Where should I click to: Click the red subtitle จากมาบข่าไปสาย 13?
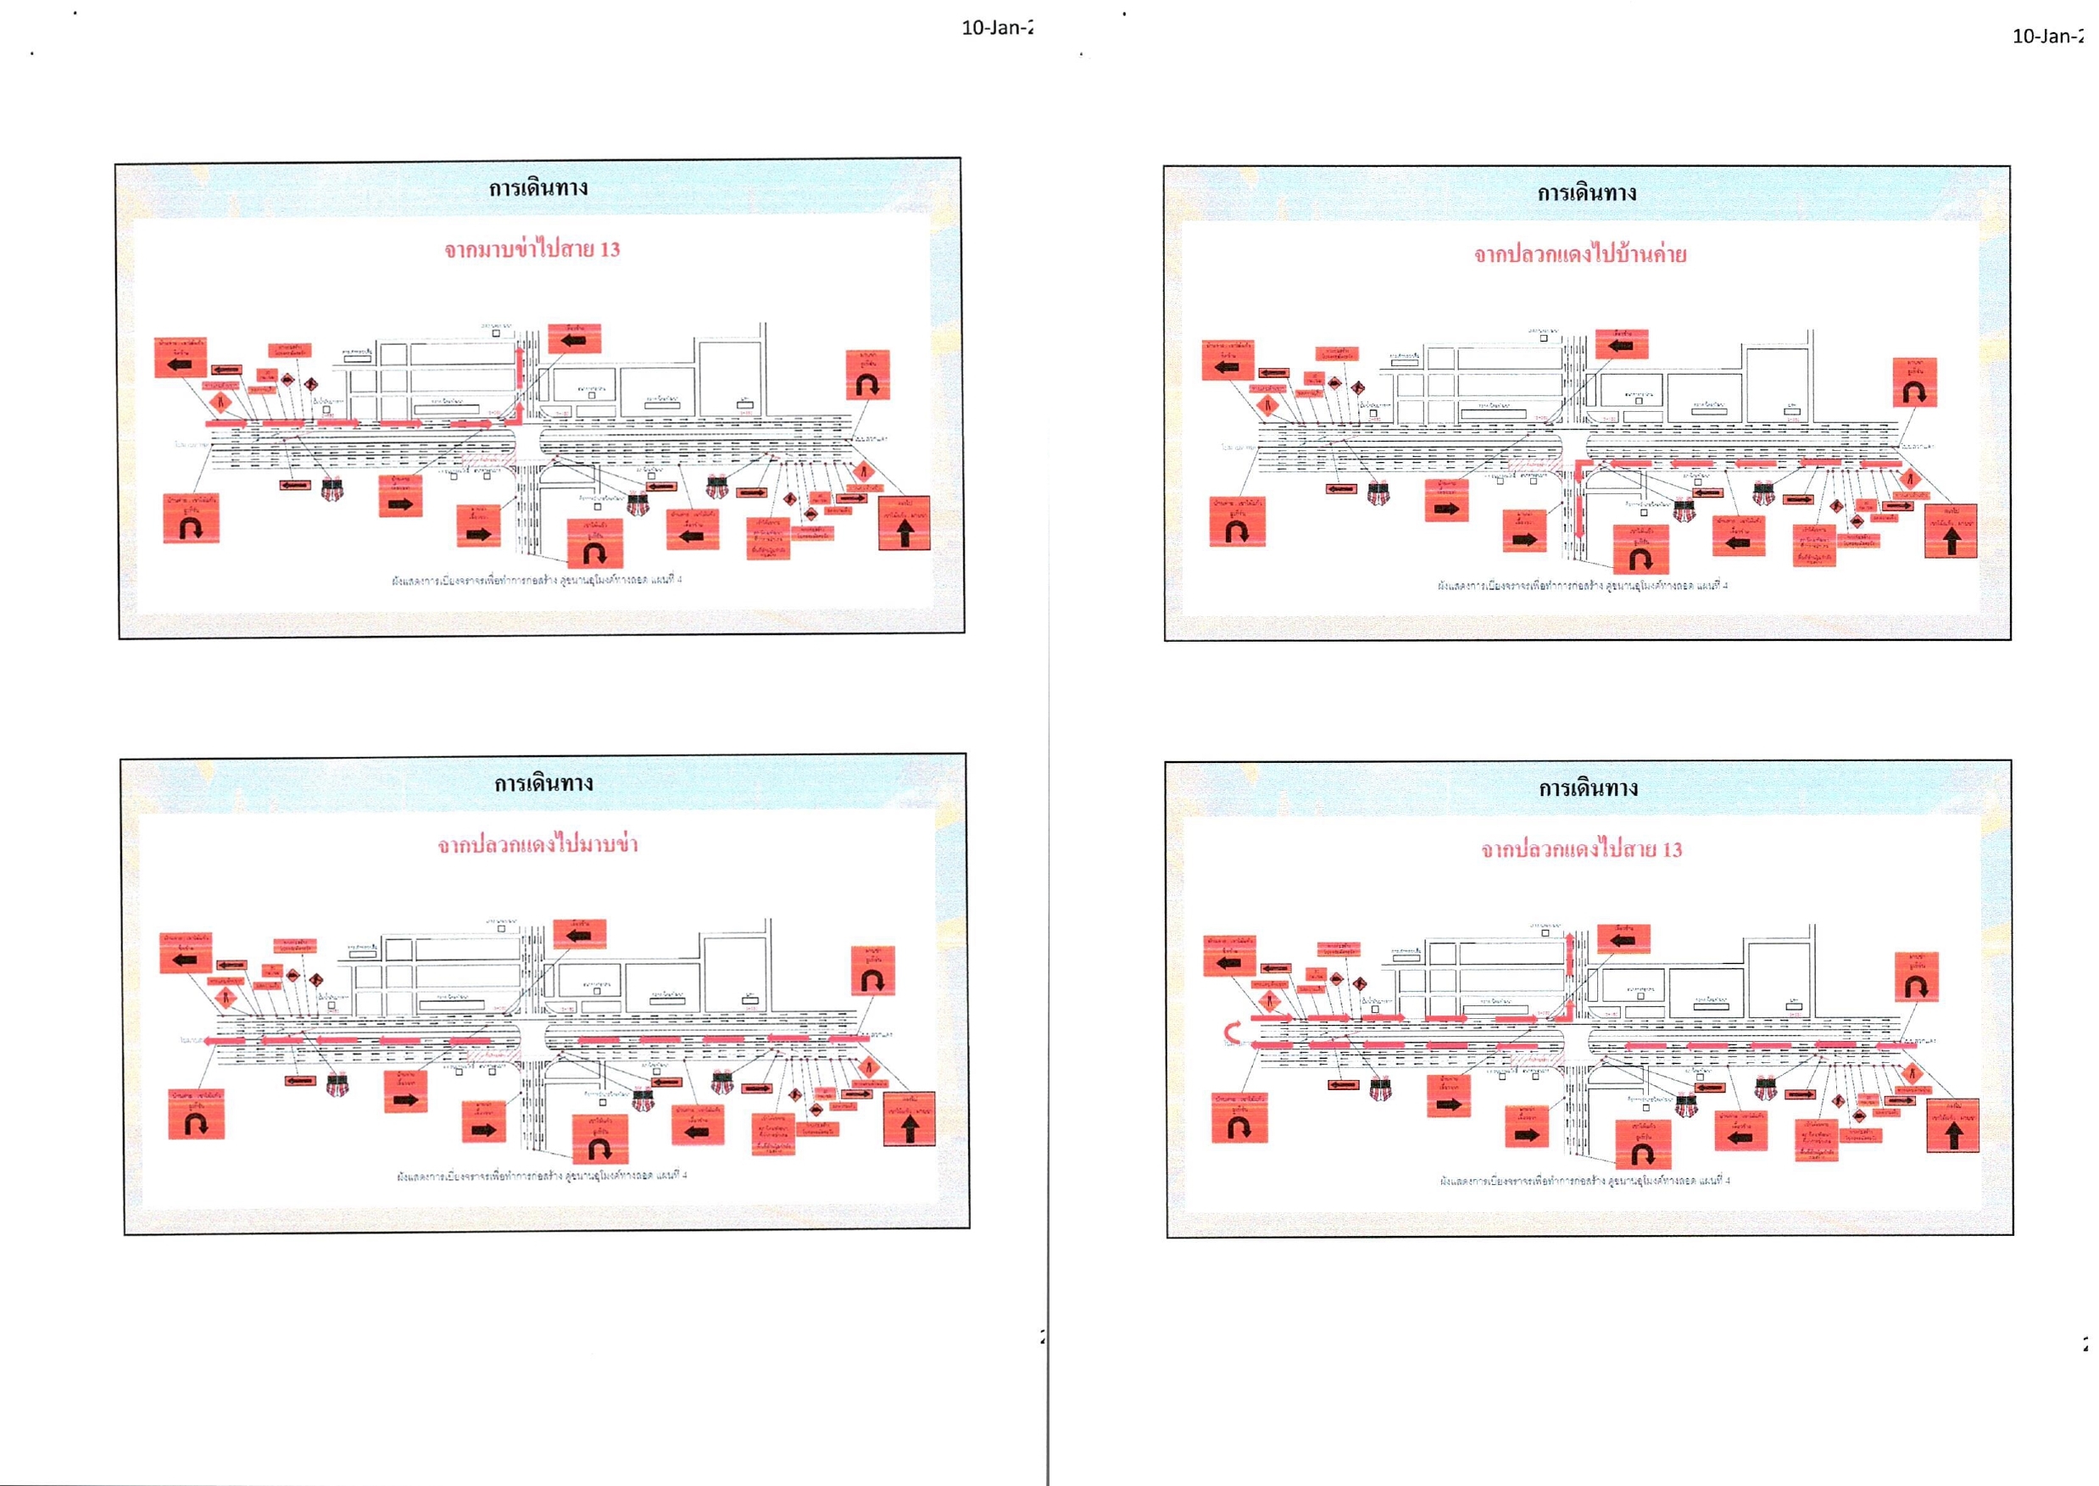pyautogui.click(x=532, y=249)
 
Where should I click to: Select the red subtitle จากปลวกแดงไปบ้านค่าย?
pyautogui.click(x=1579, y=254)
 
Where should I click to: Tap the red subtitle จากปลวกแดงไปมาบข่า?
pyautogui.click(x=537, y=843)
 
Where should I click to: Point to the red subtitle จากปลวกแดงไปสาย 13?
pyautogui.click(x=1581, y=849)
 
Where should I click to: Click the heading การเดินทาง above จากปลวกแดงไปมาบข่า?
pyautogui.click(x=543, y=783)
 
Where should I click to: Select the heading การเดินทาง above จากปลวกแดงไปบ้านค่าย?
pyautogui.click(x=1587, y=193)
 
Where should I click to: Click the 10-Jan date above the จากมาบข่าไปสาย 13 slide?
pyautogui.click(x=996, y=27)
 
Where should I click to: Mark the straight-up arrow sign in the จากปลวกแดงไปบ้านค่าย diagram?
pyautogui.click(x=1950, y=531)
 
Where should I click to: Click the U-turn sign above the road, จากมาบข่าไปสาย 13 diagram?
pyautogui.click(x=867, y=376)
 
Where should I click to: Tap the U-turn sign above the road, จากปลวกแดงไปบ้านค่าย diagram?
pyautogui.click(x=1914, y=382)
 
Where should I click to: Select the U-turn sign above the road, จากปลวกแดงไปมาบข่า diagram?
pyautogui.click(x=872, y=971)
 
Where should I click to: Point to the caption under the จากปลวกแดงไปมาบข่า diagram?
pyautogui.click(x=542, y=1175)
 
